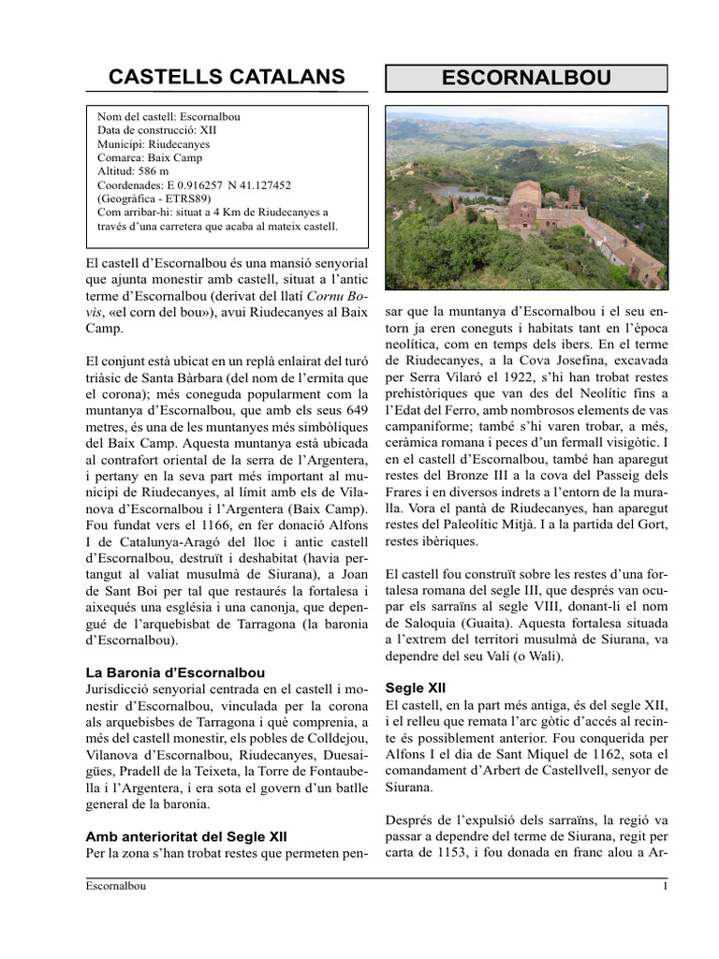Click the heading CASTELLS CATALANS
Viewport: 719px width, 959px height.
coord(227,77)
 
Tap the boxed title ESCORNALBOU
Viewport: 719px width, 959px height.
coord(526,79)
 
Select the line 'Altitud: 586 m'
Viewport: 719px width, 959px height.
coord(133,172)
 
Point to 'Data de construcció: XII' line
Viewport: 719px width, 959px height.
coord(156,131)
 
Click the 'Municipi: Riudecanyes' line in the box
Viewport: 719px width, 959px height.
coord(154,145)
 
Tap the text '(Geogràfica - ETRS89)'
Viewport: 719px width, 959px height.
coord(155,199)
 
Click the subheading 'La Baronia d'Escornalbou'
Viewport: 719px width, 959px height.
coord(174,671)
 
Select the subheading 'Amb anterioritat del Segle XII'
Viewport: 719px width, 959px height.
coord(186,835)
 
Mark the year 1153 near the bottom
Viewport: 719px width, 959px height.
coord(478,853)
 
